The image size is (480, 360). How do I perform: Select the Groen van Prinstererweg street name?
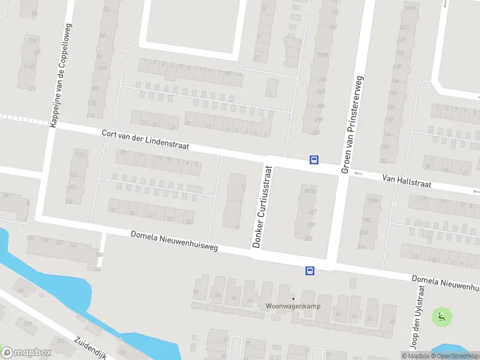point(353,125)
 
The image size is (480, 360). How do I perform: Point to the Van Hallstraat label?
point(407,181)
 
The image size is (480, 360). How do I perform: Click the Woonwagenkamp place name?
point(293,307)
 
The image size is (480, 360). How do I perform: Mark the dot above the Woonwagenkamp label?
point(293,299)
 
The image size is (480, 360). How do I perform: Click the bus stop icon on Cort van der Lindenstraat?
point(314,160)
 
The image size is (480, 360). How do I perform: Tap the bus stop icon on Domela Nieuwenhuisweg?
point(310,271)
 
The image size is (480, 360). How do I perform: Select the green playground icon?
point(442,317)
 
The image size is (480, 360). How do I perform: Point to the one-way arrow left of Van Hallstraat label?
point(359,174)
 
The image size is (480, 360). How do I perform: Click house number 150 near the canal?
point(99,256)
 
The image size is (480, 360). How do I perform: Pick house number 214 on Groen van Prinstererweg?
point(361,247)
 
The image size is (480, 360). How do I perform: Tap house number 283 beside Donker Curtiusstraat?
point(308,238)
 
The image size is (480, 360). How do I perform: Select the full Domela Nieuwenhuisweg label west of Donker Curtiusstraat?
point(175,241)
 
